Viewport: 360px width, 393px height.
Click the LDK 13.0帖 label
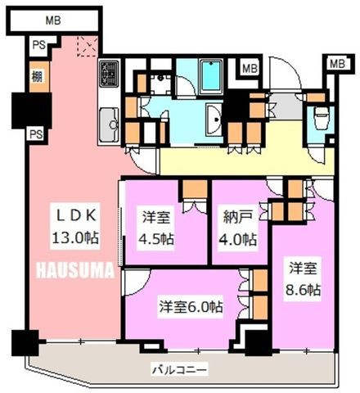[75, 227]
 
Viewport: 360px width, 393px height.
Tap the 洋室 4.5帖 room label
[156, 228]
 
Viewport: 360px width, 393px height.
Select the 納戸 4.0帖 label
[238, 228]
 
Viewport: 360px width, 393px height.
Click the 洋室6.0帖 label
[191, 307]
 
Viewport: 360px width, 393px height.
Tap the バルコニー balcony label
[179, 370]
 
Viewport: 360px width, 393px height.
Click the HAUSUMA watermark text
[75, 270]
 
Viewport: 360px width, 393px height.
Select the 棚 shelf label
[37, 76]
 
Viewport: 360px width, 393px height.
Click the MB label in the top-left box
[53, 20]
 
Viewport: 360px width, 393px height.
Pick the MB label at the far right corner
[337, 64]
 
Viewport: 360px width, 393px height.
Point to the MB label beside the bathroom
[250, 68]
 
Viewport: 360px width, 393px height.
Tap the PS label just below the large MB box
[39, 45]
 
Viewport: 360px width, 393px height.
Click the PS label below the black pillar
[36, 134]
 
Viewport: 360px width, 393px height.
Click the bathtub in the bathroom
[211, 77]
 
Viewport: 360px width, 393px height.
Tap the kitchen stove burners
[109, 73]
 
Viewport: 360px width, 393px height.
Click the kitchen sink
[109, 124]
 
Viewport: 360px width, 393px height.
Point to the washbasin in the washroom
[214, 120]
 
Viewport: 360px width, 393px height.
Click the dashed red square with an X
[88, 46]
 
